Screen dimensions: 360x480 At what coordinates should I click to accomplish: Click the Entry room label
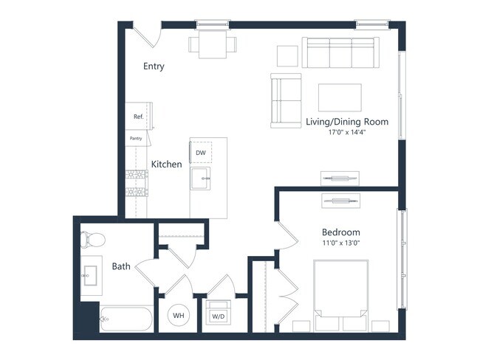coord(154,66)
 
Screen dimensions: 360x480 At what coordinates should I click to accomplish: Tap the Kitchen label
coord(166,164)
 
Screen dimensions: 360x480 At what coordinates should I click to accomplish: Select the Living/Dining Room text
coord(346,122)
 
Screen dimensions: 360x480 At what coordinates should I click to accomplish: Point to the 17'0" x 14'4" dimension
coord(346,133)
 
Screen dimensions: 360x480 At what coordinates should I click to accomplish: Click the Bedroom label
coord(340,231)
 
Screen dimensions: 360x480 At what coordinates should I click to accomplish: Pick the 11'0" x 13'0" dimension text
coord(340,242)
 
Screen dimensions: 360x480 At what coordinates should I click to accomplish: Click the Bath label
coord(121,266)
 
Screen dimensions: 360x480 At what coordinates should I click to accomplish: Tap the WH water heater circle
coord(179,316)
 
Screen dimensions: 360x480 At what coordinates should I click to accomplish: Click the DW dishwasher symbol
coord(201,153)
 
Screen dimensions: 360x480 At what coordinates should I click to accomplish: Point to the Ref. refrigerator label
coord(138,117)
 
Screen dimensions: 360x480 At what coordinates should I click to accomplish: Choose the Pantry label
coord(136,138)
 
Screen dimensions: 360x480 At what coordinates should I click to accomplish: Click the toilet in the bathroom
coord(92,240)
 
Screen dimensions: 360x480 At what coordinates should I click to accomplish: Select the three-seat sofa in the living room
coord(340,53)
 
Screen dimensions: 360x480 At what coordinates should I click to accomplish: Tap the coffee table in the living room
coord(340,97)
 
